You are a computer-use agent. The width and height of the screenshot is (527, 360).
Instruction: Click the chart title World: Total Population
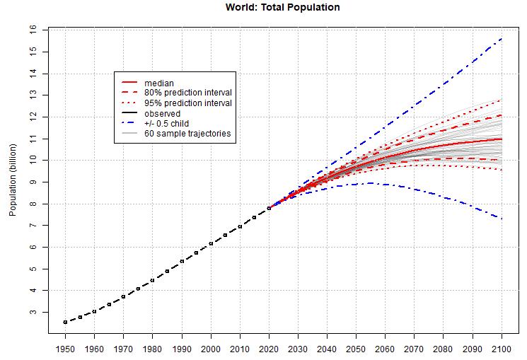click(277, 8)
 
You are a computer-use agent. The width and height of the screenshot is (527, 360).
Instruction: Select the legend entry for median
click(159, 83)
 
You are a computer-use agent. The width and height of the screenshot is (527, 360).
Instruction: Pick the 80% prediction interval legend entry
click(188, 93)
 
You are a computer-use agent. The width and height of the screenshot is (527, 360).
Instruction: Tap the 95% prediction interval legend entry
click(188, 103)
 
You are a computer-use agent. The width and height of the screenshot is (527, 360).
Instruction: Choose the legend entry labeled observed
click(162, 113)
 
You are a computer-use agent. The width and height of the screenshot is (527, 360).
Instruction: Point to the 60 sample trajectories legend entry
click(187, 133)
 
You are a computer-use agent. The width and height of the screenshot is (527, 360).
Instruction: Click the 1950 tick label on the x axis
click(65, 349)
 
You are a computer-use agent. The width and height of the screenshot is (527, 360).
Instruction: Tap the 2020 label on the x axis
click(269, 349)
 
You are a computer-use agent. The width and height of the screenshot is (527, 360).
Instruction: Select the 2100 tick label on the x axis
click(502, 349)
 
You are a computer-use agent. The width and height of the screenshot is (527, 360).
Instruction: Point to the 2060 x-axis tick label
click(386, 349)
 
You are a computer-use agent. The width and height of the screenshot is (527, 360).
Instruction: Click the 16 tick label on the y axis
click(33, 30)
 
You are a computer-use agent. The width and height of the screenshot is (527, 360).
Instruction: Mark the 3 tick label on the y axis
click(33, 312)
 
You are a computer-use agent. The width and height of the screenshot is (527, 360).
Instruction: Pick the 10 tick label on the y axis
click(33, 160)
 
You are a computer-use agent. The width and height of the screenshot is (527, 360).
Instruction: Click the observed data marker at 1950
click(65, 322)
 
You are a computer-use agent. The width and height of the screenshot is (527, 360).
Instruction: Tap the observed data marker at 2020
click(269, 208)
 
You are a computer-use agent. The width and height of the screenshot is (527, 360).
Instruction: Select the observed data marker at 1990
click(182, 261)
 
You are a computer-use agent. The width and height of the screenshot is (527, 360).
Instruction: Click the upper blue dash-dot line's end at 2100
click(502, 39)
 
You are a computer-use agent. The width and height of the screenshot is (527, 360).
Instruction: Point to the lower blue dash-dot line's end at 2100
click(502, 219)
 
